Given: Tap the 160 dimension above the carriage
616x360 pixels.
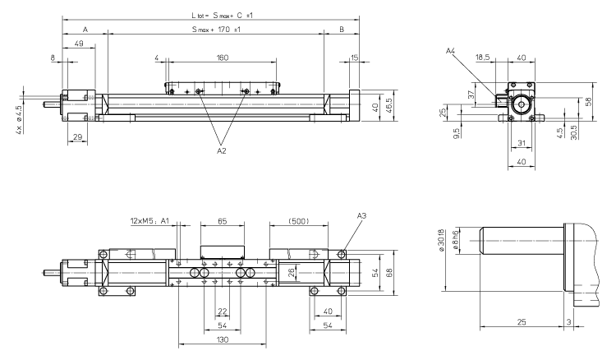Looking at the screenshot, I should [x=222, y=58].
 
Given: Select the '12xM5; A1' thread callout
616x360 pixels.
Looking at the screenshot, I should [x=149, y=221].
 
